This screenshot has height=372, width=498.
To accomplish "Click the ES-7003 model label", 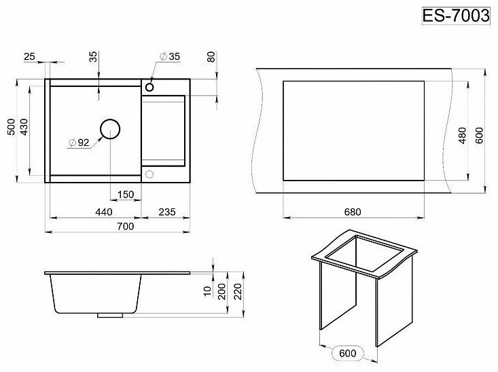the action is click(456, 16).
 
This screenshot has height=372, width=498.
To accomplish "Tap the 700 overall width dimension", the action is click(126, 226).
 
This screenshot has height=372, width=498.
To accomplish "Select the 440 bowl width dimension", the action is click(103, 212).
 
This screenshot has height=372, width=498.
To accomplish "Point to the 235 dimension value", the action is click(166, 212).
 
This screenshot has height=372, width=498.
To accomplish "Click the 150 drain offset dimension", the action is click(126, 194).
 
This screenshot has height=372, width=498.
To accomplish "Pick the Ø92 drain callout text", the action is click(79, 143).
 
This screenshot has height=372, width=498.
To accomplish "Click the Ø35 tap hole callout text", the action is click(170, 56).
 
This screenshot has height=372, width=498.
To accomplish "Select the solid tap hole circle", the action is click(149, 87).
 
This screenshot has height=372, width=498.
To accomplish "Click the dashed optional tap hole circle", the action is click(149, 174).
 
